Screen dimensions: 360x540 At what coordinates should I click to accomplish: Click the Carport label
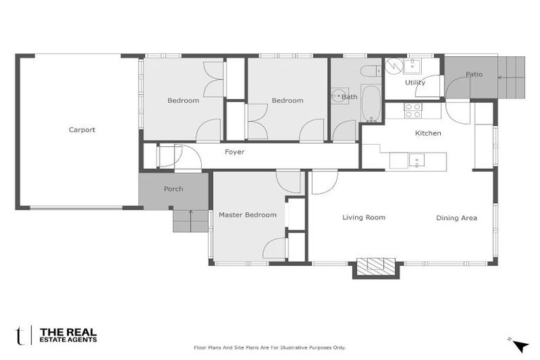coord(82,129)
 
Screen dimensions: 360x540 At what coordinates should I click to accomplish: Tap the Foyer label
coord(234,151)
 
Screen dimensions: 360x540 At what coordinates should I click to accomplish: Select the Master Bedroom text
coord(247,214)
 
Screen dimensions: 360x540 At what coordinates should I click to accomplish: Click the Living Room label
coord(364,217)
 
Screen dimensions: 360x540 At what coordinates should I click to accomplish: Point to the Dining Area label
coord(456,218)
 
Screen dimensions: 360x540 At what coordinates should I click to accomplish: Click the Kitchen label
coord(427,133)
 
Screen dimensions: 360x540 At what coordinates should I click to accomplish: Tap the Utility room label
coord(415,82)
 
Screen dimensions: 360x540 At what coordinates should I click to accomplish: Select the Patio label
coord(474,74)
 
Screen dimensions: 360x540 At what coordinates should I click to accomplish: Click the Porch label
coord(174,189)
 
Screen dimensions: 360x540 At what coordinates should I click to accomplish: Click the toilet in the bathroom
coord(370,70)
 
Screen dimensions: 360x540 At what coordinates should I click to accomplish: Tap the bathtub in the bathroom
coord(371,103)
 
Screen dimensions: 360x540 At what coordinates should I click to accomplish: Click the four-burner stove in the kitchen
coord(413,110)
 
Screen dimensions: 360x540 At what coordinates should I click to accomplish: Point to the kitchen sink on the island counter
coord(416,161)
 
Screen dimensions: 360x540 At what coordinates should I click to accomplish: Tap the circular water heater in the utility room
coord(394,65)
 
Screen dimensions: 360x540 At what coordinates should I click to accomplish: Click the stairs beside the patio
coord(512,77)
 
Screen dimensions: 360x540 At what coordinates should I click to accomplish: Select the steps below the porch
coord(191,221)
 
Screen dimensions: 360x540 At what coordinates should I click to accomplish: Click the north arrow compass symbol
coord(520,345)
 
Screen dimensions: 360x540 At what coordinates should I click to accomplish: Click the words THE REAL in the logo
coord(68,332)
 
